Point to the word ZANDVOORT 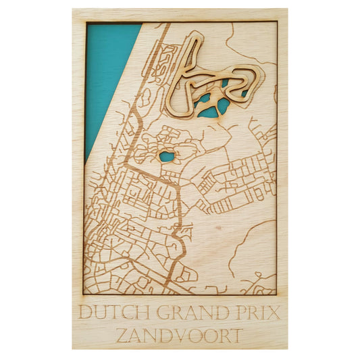[x=179, y=335]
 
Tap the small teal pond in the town [x=166, y=157]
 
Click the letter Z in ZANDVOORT [x=122, y=335]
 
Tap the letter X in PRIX [x=274, y=313]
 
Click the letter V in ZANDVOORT [x=172, y=335]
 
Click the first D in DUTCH [x=84, y=313]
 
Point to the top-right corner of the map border [x=277, y=22]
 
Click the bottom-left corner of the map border [x=84, y=294]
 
